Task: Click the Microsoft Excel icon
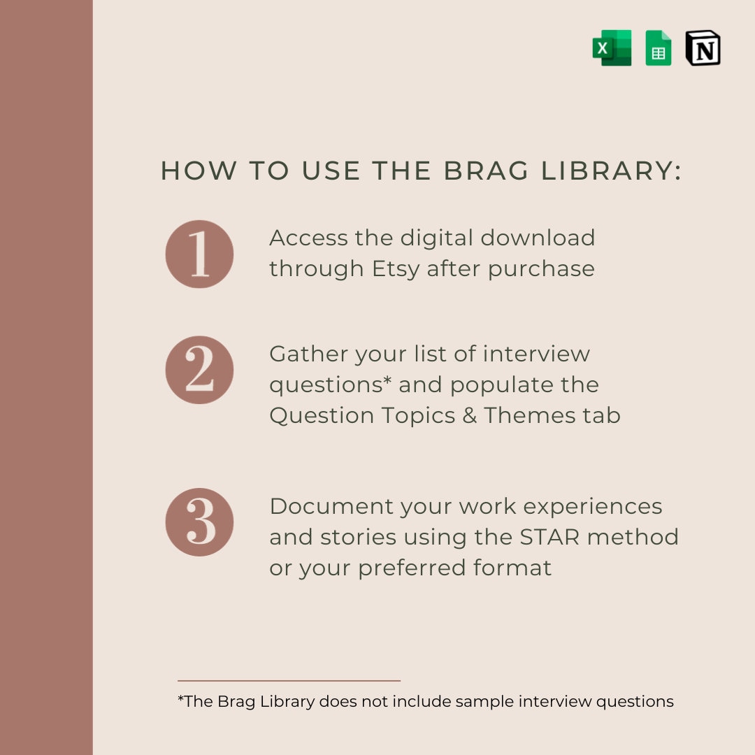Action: click(x=612, y=48)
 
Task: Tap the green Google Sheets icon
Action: click(x=659, y=48)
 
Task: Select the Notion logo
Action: click(x=703, y=48)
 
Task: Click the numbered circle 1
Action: click(x=199, y=254)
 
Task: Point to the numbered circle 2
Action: click(x=199, y=370)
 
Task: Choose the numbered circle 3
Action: click(x=199, y=522)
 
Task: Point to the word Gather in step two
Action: click(x=308, y=354)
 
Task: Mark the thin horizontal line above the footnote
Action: click(x=289, y=680)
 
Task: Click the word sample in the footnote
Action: click(x=483, y=701)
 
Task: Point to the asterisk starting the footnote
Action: click(x=180, y=698)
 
